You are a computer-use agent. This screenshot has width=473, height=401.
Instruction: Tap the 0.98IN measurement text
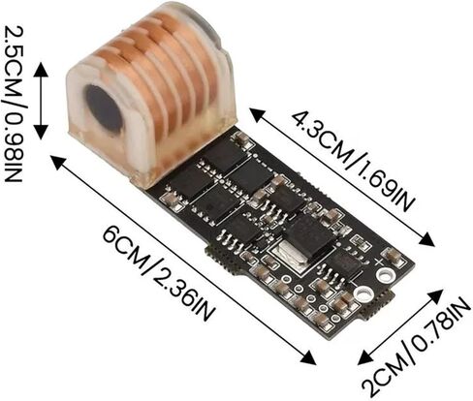coord(14,145)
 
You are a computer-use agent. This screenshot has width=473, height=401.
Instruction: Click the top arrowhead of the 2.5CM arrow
coord(41,70)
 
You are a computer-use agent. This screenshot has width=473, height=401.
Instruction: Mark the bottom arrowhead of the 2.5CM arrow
coord(41,132)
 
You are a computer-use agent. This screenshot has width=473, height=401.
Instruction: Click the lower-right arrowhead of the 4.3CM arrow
coord(426,239)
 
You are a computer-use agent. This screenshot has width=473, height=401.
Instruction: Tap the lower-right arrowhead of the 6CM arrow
coord(307,356)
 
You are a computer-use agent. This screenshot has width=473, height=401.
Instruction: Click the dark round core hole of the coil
coord(104,108)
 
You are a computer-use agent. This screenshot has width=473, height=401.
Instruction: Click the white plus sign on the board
coord(377,261)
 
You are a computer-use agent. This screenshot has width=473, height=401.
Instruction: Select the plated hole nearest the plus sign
coord(385,275)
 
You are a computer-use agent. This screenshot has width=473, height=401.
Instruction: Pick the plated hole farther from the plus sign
coord(363,293)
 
